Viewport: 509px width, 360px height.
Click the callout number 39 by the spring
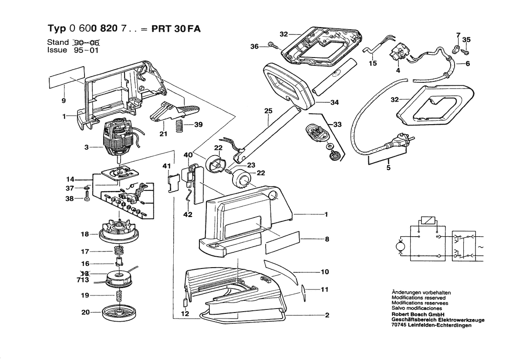(199, 125)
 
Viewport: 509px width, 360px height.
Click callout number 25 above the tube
(268, 111)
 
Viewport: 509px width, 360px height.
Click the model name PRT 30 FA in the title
(176, 28)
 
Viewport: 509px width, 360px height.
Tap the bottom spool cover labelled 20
(118, 312)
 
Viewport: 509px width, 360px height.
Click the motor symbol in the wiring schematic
(398, 247)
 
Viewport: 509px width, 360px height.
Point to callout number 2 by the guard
(327, 316)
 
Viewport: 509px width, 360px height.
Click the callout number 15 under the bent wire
(373, 63)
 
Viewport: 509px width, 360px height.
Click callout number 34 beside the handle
(334, 102)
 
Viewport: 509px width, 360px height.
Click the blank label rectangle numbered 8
(283, 241)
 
